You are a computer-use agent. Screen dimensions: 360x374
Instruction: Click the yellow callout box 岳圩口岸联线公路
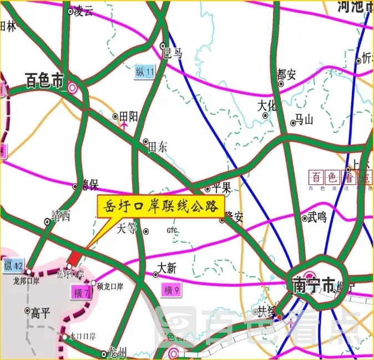tap(161, 206)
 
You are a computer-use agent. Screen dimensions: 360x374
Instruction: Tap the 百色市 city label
tap(45, 82)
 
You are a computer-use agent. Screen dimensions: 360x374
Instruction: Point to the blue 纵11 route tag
tap(145, 71)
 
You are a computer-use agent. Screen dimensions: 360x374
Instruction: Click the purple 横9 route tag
tap(171, 289)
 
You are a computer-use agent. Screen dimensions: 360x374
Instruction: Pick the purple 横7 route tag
tap(81, 292)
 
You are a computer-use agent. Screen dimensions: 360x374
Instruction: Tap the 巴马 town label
tap(173, 53)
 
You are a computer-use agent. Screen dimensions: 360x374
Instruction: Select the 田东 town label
tap(158, 147)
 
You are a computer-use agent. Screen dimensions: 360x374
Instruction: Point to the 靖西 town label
tap(60, 216)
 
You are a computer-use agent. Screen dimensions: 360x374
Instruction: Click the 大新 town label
tap(167, 269)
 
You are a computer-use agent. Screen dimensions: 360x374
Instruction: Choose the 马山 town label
tap(304, 118)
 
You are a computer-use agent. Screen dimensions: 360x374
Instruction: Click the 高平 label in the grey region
tap(41, 313)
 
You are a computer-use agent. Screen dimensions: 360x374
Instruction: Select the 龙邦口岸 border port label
tap(26, 281)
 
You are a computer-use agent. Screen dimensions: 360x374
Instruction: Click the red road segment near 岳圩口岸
tap(73, 257)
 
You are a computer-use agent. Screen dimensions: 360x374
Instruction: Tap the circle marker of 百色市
tap(73, 87)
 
